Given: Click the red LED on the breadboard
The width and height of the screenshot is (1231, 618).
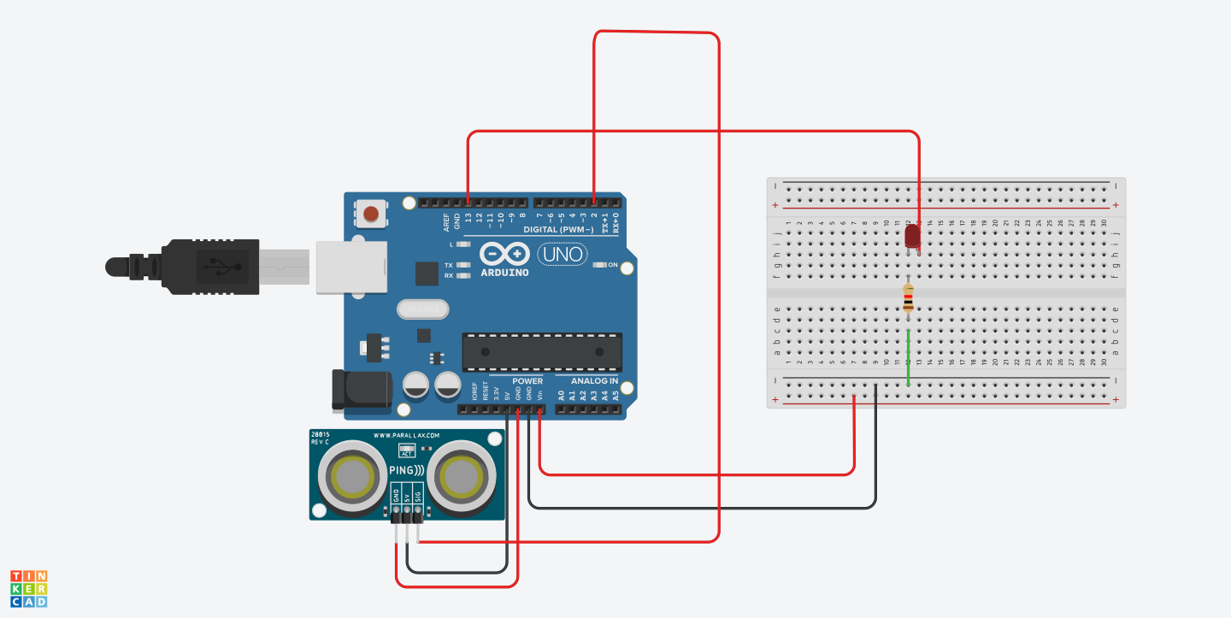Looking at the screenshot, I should click(x=912, y=236).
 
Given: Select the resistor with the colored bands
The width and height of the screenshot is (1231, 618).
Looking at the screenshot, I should click(x=908, y=298).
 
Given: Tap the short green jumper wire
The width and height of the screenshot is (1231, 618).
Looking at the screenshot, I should click(x=908, y=357).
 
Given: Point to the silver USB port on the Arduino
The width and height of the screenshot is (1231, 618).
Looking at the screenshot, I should click(x=350, y=267).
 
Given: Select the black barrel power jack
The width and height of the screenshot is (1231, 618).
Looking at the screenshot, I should click(x=360, y=389).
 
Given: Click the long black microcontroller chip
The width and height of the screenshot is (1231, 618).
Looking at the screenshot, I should click(x=542, y=352).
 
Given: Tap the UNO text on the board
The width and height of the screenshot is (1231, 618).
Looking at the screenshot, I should click(x=562, y=254).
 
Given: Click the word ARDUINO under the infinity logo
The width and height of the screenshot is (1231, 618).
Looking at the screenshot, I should click(x=504, y=273).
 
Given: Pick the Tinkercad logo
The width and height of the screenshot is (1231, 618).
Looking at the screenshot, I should click(x=28, y=589).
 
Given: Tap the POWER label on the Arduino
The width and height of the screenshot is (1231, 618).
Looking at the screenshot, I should click(x=527, y=381).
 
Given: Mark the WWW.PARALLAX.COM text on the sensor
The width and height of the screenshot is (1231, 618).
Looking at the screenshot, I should click(x=406, y=435).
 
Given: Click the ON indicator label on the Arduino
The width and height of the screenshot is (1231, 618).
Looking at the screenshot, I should click(x=612, y=265).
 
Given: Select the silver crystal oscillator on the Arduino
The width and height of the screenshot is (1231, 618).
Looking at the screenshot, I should click(x=422, y=308).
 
